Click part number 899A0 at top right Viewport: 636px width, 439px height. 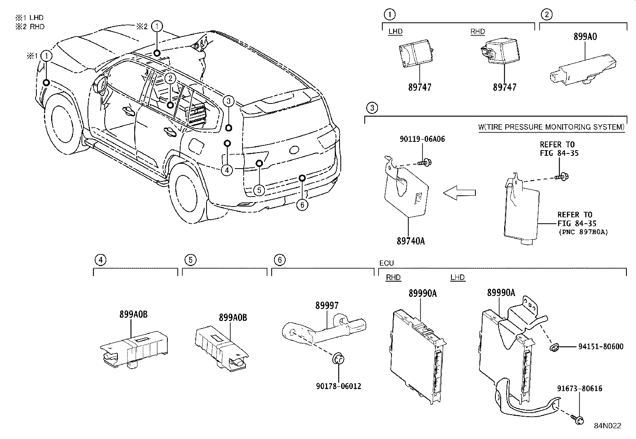(585, 37)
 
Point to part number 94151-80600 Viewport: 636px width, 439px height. (600, 347)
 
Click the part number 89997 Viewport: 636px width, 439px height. (327, 306)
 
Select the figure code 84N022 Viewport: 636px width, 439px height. (607, 426)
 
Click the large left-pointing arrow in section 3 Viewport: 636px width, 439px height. (459, 193)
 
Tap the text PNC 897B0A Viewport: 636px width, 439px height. (583, 232)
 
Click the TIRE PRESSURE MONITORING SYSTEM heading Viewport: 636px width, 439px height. (551, 127)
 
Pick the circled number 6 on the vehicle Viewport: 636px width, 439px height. (302, 205)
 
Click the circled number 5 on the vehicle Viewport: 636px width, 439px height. (259, 190)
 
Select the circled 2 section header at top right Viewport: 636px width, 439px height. (547, 15)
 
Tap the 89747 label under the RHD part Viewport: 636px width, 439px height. (505, 87)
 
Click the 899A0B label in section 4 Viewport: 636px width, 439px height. (133, 314)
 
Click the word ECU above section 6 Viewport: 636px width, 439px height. (386, 263)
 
